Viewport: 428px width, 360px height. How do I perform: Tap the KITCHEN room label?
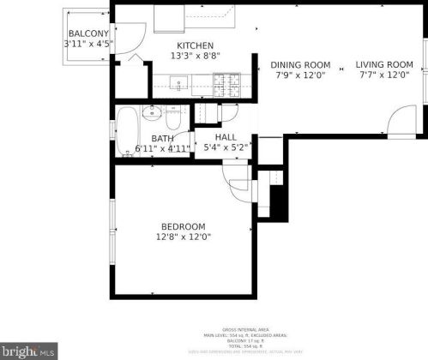point(195,46)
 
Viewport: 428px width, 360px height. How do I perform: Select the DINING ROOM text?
point(300,64)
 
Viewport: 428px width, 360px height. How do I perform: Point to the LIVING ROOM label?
point(384,64)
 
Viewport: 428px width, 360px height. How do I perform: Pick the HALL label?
point(226,137)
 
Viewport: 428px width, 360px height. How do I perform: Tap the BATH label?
point(162,139)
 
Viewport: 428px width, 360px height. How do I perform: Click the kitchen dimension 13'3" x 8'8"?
point(195,57)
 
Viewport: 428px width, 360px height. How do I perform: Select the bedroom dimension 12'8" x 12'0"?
point(182,237)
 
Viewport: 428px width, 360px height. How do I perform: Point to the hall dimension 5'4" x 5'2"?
point(226,147)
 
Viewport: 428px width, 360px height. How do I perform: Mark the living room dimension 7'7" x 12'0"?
point(384,75)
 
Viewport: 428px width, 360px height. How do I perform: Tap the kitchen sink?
point(180,84)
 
